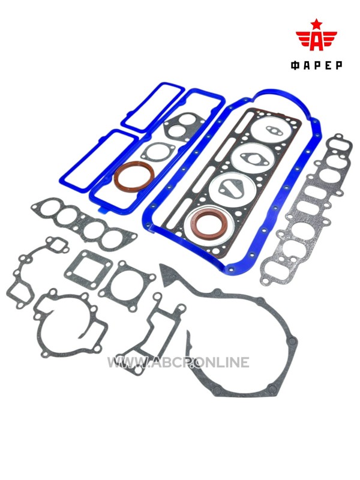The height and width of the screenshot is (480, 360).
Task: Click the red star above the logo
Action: coord(316,23)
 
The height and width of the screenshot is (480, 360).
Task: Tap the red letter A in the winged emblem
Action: coord(316,40)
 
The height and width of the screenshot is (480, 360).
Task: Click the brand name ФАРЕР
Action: coord(316,65)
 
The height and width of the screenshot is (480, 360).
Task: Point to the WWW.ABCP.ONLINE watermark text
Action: coord(178,362)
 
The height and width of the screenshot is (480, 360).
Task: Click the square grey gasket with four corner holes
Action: coord(83,269)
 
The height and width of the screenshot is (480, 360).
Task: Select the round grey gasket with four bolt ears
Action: coord(127,285)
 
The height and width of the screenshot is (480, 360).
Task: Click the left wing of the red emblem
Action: coord(304,38)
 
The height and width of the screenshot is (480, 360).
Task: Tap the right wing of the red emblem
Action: coord(329,38)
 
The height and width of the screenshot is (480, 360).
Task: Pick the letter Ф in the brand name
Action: coord(295,65)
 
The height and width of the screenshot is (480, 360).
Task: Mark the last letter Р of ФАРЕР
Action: coord(338,65)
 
